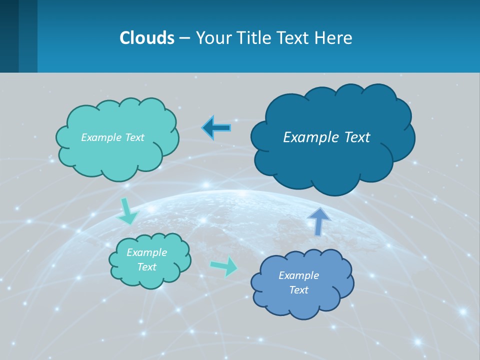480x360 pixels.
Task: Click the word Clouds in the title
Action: (147, 38)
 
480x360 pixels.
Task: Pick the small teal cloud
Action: (150, 277)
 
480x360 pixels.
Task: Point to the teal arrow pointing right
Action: (224, 266)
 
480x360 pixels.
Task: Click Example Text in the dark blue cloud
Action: (326, 137)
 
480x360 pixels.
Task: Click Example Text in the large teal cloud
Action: (112, 137)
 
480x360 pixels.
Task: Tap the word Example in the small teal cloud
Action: (146, 252)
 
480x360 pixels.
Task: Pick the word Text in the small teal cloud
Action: (146, 267)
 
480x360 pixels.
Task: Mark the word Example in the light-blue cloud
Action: (298, 275)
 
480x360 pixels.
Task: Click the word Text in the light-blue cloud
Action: (298, 290)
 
